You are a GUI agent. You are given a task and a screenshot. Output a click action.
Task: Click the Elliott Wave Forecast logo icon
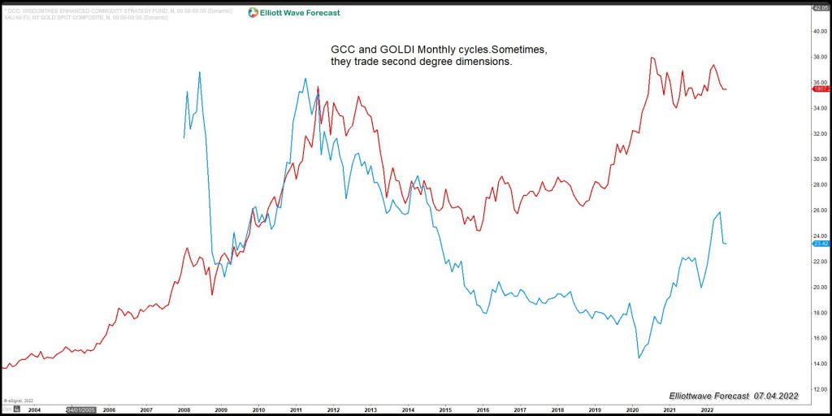pyautogui.click(x=253, y=12)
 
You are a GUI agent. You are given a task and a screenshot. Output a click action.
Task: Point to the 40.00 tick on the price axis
pyautogui.click(x=819, y=31)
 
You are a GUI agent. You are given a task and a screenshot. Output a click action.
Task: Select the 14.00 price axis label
pyautogui.click(x=819, y=363)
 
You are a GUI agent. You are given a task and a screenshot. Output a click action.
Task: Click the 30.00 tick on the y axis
pyautogui.click(x=819, y=159)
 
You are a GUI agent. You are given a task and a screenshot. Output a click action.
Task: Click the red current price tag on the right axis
pyautogui.click(x=819, y=89)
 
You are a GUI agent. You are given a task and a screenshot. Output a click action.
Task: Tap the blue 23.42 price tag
pyautogui.click(x=819, y=243)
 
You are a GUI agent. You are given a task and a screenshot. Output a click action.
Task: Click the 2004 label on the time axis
pyautogui.click(x=34, y=410)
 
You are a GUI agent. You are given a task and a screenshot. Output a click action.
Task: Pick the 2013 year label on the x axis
pyautogui.click(x=370, y=410)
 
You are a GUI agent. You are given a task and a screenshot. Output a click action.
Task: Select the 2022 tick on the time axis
pyautogui.click(x=707, y=410)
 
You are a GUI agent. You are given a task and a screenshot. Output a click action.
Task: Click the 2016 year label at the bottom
pyautogui.click(x=483, y=410)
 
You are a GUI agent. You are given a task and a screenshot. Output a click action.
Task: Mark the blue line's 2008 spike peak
pyautogui.click(x=199, y=72)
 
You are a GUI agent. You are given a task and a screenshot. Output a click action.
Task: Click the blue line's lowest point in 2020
pyautogui.click(x=639, y=357)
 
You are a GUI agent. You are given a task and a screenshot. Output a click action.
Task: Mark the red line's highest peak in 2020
pyautogui.click(x=652, y=58)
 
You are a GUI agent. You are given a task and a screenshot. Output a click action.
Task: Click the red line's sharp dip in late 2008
pyautogui.click(x=212, y=293)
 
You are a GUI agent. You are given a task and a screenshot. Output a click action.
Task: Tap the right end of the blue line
pyautogui.click(x=726, y=244)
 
